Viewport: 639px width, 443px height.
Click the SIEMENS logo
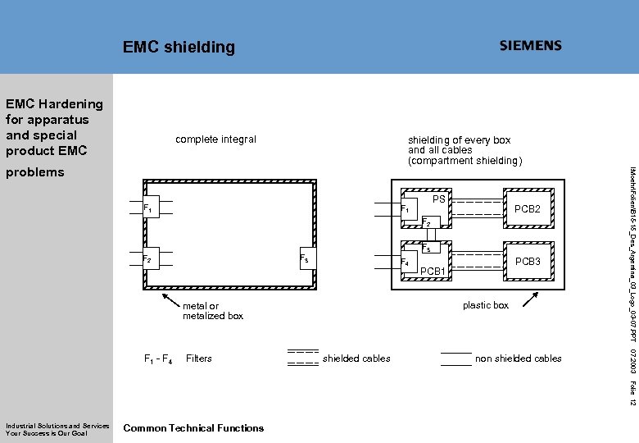(x=531, y=46)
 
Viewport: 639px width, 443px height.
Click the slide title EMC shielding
(x=179, y=48)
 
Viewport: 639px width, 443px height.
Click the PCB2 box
(x=526, y=209)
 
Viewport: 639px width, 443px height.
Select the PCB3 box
(x=526, y=261)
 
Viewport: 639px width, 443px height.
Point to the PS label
(x=439, y=199)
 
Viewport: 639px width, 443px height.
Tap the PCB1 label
(x=432, y=272)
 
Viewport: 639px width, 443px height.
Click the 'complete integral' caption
(x=215, y=139)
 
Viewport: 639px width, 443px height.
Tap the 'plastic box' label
(x=485, y=305)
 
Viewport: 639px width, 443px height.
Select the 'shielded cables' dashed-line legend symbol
(x=302, y=358)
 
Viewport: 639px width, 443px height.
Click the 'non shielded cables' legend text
(x=518, y=359)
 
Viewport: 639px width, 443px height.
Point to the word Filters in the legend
(x=199, y=359)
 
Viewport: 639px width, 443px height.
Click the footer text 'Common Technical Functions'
(x=193, y=427)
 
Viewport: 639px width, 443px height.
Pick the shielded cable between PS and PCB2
(x=477, y=208)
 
